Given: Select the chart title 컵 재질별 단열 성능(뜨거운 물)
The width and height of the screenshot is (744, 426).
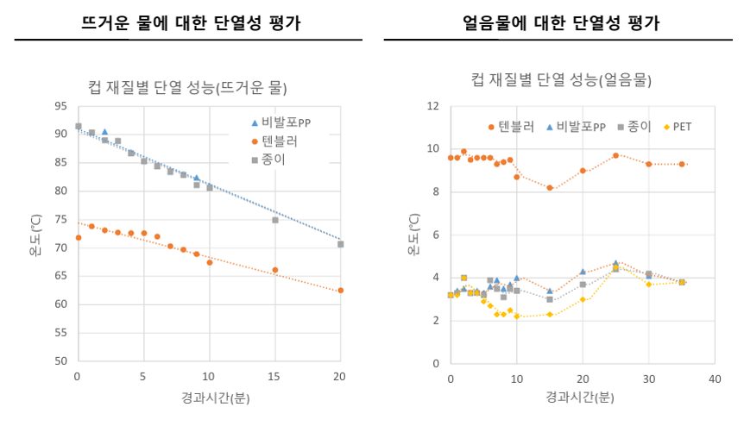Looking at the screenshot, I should [187, 88].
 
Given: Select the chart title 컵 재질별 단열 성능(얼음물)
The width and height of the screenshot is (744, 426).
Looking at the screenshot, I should [561, 80].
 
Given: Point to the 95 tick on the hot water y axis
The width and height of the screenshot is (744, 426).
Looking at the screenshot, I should [60, 106].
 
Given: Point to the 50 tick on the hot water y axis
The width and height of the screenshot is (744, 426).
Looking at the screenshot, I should [60, 361].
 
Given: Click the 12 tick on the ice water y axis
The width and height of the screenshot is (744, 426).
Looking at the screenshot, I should [434, 106].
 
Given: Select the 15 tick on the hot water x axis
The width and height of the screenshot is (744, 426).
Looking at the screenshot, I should [274, 376].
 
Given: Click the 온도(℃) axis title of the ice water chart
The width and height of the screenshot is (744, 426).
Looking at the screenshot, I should [413, 235].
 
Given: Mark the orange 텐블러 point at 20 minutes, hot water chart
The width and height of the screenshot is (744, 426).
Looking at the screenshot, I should [340, 291].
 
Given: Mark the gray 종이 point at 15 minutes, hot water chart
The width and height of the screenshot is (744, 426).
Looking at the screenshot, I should [275, 220].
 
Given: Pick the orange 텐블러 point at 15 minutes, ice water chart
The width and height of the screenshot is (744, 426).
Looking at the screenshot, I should [550, 187].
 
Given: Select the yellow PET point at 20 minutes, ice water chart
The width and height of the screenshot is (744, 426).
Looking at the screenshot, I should [583, 299].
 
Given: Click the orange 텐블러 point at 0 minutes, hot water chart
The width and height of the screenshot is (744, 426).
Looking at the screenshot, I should [79, 238].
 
